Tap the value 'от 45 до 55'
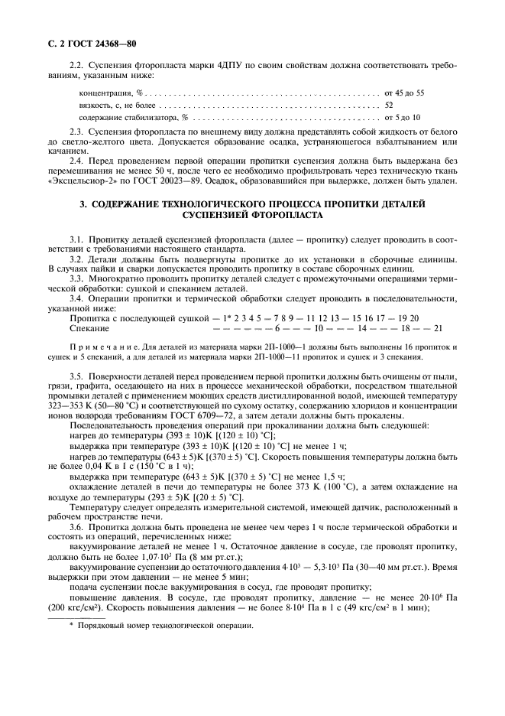pyautogui.click(x=404, y=92)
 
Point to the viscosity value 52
pyautogui.click(x=389, y=105)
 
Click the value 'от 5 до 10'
pyautogui.click(x=403, y=118)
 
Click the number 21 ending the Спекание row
pyautogui.click(x=438, y=328)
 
